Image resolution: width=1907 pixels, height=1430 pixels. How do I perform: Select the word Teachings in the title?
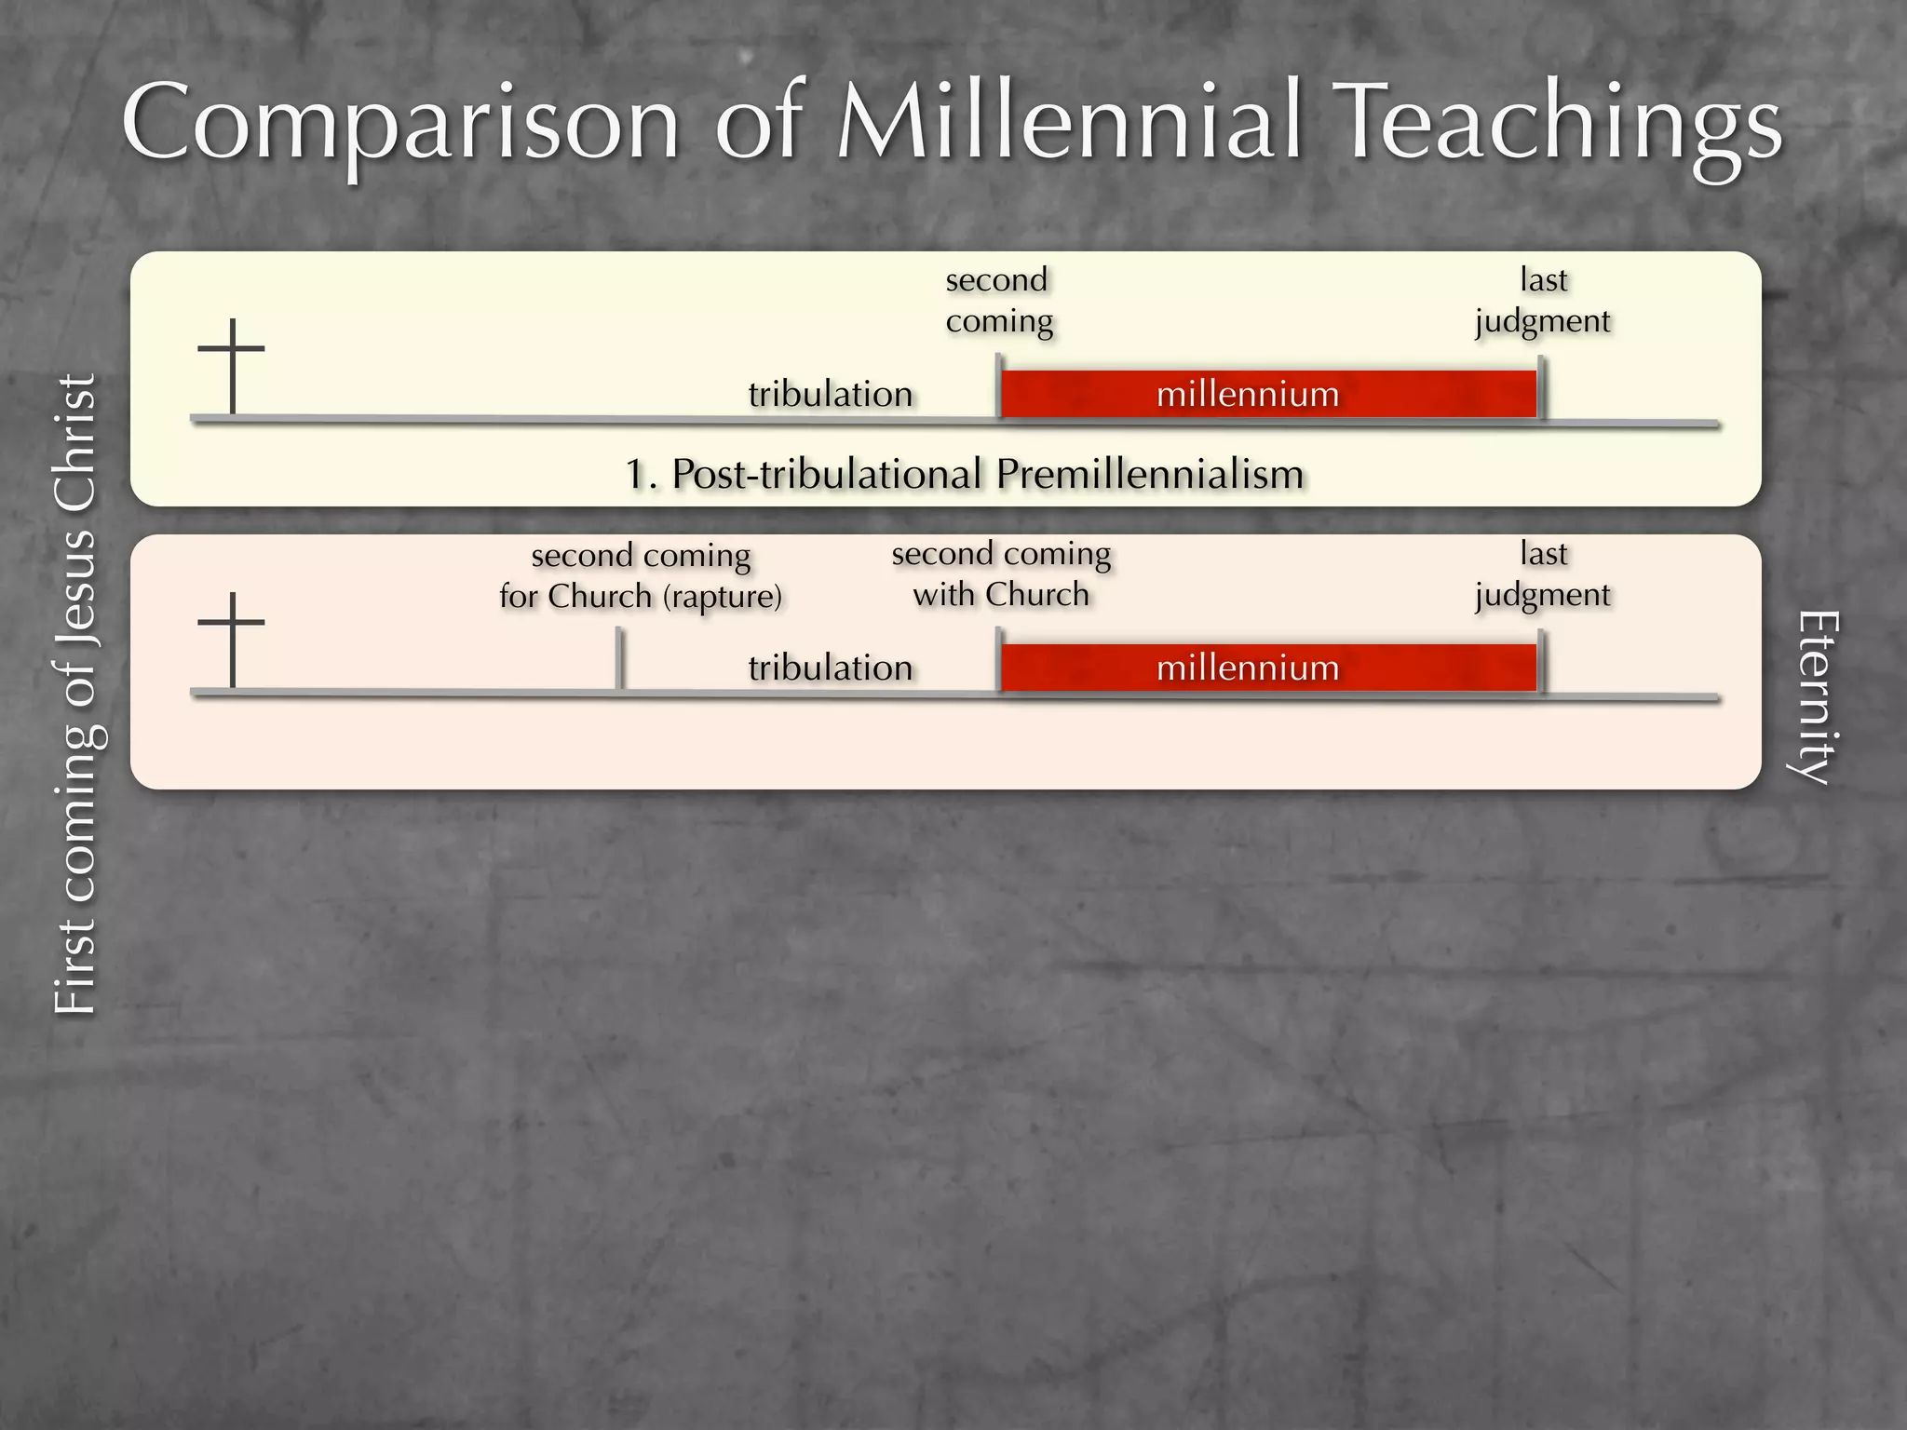pyautogui.click(x=1559, y=126)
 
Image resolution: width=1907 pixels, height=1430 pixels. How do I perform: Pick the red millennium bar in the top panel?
pyautogui.click(x=1268, y=395)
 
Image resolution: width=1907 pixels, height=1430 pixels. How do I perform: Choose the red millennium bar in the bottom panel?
pyautogui.click(x=1268, y=668)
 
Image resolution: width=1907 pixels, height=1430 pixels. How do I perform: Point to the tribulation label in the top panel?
pyautogui.click(x=831, y=395)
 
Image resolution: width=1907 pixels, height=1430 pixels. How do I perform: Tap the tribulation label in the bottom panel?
pyautogui.click(x=831, y=668)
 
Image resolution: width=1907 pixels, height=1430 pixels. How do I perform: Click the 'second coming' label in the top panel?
pyautogui.click(x=998, y=300)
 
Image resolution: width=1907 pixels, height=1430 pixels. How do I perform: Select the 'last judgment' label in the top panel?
pyautogui.click(x=1543, y=300)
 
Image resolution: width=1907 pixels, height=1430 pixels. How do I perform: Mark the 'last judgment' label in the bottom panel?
pyautogui.click(x=1543, y=573)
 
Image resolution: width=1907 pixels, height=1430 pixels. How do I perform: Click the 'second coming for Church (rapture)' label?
pyautogui.click(x=641, y=575)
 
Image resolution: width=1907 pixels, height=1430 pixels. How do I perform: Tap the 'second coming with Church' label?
pyautogui.click(x=1001, y=573)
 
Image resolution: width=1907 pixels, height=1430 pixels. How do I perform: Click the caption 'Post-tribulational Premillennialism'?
pyautogui.click(x=987, y=475)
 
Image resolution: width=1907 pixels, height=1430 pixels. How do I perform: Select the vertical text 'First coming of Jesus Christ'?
pyautogui.click(x=76, y=694)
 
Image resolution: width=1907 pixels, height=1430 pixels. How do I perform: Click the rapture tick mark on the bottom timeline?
pyautogui.click(x=619, y=659)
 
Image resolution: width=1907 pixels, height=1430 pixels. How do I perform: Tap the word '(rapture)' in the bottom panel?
pyautogui.click(x=723, y=597)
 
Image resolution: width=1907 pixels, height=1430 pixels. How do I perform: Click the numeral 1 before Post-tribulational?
pyautogui.click(x=637, y=475)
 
